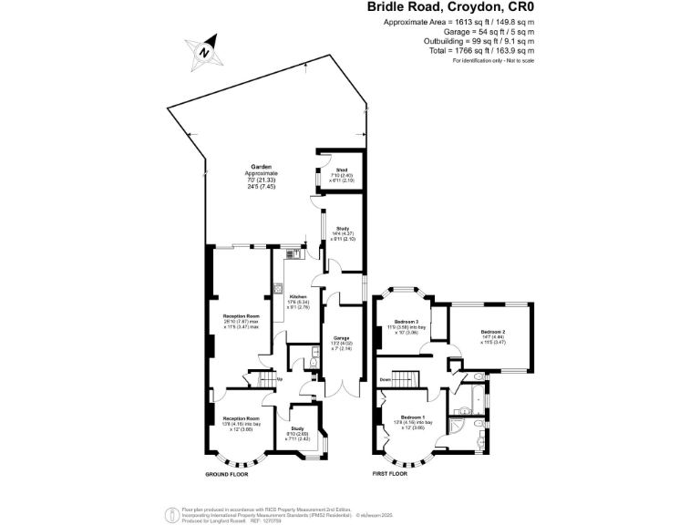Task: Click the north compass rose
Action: pyautogui.click(x=205, y=51)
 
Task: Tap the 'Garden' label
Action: pyautogui.click(x=262, y=167)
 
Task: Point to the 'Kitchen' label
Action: pyautogui.click(x=299, y=297)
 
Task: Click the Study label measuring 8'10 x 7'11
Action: pyautogui.click(x=297, y=427)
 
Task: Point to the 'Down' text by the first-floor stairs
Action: pyautogui.click(x=386, y=378)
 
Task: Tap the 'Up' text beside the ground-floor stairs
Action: pyautogui.click(x=280, y=378)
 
